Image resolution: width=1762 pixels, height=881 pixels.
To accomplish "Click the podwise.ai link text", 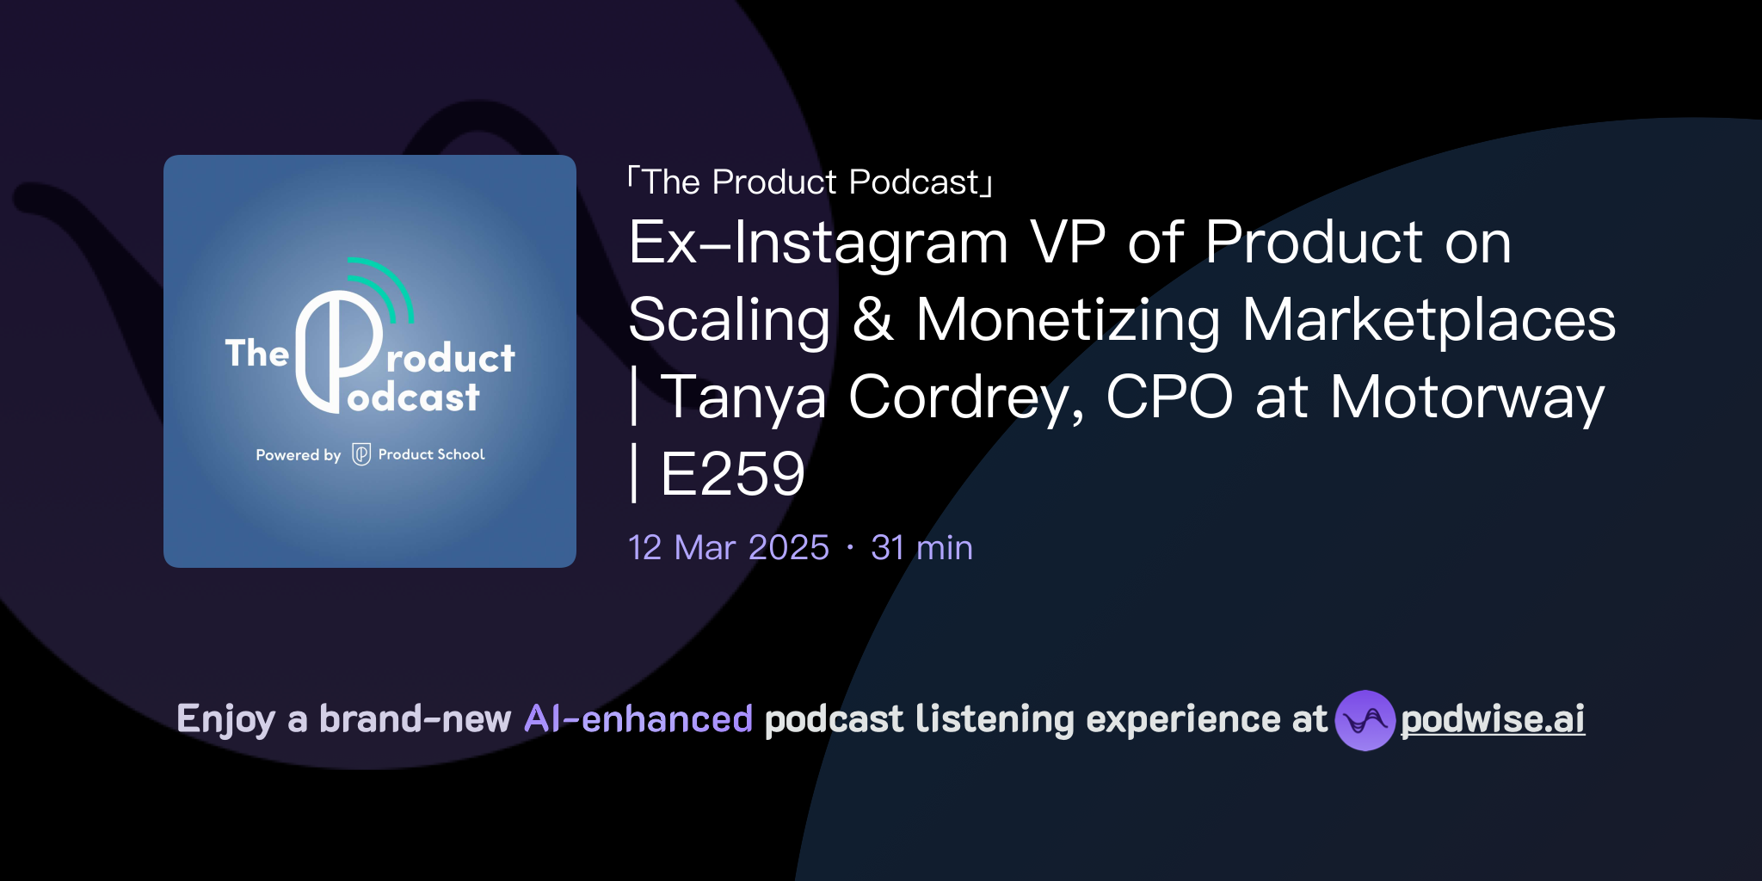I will pyautogui.click(x=1492, y=719).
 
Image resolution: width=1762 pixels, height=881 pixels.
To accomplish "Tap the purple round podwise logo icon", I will pyautogui.click(x=1365, y=720).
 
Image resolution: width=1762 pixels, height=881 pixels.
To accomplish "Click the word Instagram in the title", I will pyautogui.click(x=871, y=243).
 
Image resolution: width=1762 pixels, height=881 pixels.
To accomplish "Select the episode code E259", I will pyautogui.click(x=732, y=474).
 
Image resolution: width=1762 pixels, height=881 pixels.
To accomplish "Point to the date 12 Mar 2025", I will pyautogui.click(x=728, y=548).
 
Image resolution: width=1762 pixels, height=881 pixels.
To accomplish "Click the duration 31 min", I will pyautogui.click(x=921, y=548).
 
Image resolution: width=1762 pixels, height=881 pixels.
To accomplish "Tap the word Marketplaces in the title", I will pyautogui.click(x=1428, y=320).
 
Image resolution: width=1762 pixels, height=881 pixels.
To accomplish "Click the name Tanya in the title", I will pyautogui.click(x=743, y=397).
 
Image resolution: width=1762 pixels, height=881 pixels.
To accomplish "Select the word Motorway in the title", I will pyautogui.click(x=1467, y=397).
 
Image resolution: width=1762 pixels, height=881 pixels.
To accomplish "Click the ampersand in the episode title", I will pyautogui.click(x=872, y=320).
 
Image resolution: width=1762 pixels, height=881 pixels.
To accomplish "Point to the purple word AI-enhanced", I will pyautogui.click(x=638, y=719).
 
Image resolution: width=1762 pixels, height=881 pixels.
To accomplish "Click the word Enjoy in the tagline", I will pyautogui.click(x=225, y=719).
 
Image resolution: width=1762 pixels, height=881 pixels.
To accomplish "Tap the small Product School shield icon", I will pyautogui.click(x=361, y=454).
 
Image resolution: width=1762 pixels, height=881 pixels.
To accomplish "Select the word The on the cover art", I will pyautogui.click(x=256, y=354).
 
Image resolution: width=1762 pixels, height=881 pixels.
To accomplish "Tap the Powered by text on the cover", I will pyautogui.click(x=298, y=455).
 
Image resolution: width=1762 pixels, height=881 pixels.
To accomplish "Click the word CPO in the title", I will pyautogui.click(x=1168, y=397).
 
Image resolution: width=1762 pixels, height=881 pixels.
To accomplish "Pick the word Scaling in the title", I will pyautogui.click(x=729, y=320).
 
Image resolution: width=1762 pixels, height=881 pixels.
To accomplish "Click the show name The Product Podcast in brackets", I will pyautogui.click(x=810, y=182).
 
